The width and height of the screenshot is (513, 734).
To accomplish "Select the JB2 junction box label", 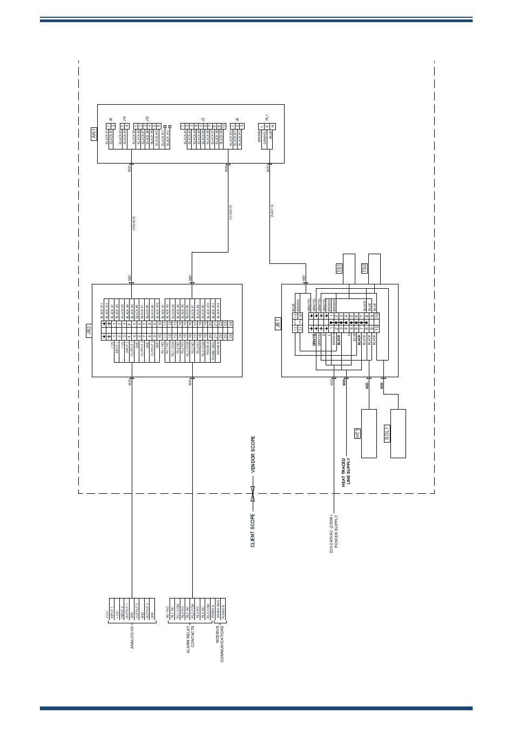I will [x=89, y=330].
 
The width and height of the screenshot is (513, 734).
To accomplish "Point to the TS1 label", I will [x=339, y=267].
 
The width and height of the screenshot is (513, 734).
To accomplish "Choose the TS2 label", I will [x=364, y=267].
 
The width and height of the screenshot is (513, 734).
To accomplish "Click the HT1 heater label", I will [x=357, y=433].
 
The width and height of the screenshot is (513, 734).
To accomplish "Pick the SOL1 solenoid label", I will [x=387, y=433].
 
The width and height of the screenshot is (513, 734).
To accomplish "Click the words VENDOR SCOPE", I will [x=253, y=455].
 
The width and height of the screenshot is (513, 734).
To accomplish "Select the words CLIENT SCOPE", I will [x=253, y=530].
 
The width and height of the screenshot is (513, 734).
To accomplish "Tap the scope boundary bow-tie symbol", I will [x=252, y=493].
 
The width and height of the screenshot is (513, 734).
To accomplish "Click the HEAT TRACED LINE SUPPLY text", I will [x=346, y=473].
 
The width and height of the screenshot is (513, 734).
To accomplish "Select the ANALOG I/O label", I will [x=132, y=637].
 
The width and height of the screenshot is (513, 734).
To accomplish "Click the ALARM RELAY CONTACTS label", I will [x=191, y=640].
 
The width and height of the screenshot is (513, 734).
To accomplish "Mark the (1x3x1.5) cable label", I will [x=272, y=212].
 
